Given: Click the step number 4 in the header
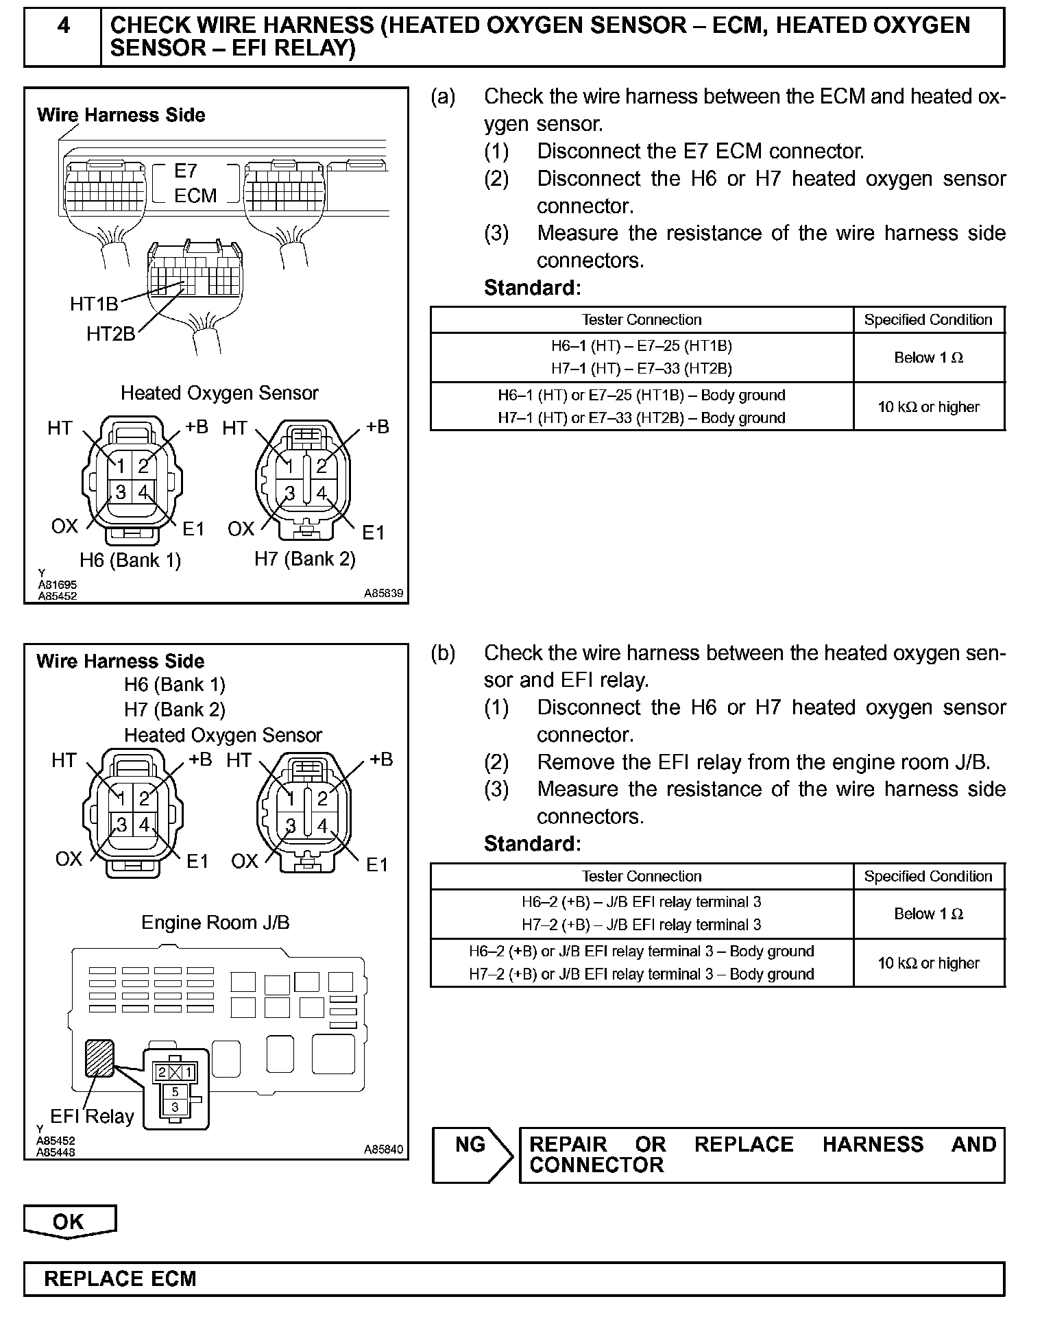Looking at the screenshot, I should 62,26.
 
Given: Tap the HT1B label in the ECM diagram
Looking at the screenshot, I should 94,304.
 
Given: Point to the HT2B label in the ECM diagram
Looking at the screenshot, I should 110,334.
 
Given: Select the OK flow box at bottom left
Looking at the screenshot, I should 69,1221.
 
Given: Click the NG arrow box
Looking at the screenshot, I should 472,1155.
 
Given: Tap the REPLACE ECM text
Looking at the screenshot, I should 120,1279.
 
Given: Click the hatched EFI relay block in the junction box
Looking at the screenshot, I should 99,1058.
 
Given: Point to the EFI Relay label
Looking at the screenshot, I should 92,1117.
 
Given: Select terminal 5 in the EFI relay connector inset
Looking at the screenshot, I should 175,1092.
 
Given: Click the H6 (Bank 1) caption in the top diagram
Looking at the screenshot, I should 130,560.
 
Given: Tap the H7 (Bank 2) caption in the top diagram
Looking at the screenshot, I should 305,559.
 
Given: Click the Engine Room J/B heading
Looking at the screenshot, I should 215,923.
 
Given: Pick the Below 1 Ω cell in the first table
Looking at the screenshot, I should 928,358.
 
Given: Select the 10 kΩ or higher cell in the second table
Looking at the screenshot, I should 928,963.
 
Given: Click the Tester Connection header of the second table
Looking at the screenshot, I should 642,876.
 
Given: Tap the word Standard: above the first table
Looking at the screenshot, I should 532,288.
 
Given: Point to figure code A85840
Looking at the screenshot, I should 384,1150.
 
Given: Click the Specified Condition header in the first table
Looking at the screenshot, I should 928,320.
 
